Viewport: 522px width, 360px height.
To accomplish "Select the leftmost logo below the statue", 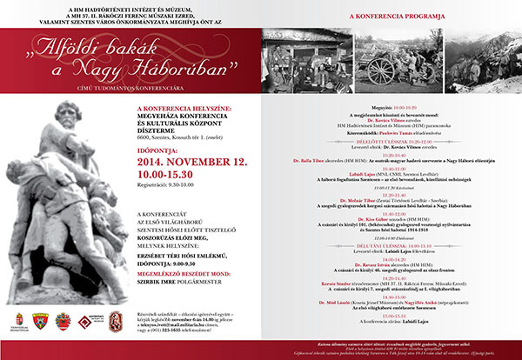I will (19, 323).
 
